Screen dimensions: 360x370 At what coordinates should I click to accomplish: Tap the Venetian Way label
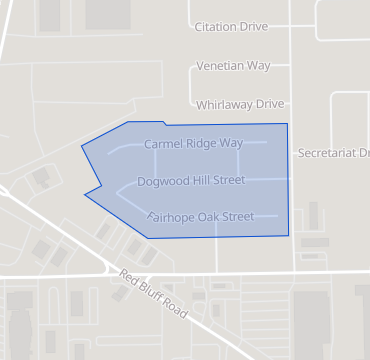coord(233,66)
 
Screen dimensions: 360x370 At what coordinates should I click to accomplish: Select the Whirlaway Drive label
coord(241,104)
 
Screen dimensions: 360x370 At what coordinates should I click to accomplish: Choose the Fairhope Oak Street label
coord(200,216)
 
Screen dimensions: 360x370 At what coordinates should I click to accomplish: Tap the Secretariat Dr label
coord(334,153)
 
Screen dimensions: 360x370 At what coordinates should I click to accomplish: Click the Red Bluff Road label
coord(153,295)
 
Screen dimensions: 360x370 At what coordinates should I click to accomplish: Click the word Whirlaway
coord(224,104)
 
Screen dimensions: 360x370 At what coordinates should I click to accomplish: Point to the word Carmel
coord(163,144)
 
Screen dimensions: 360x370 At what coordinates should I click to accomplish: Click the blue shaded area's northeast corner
coord(287,124)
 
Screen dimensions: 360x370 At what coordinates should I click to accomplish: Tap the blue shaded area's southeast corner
coord(289,235)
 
